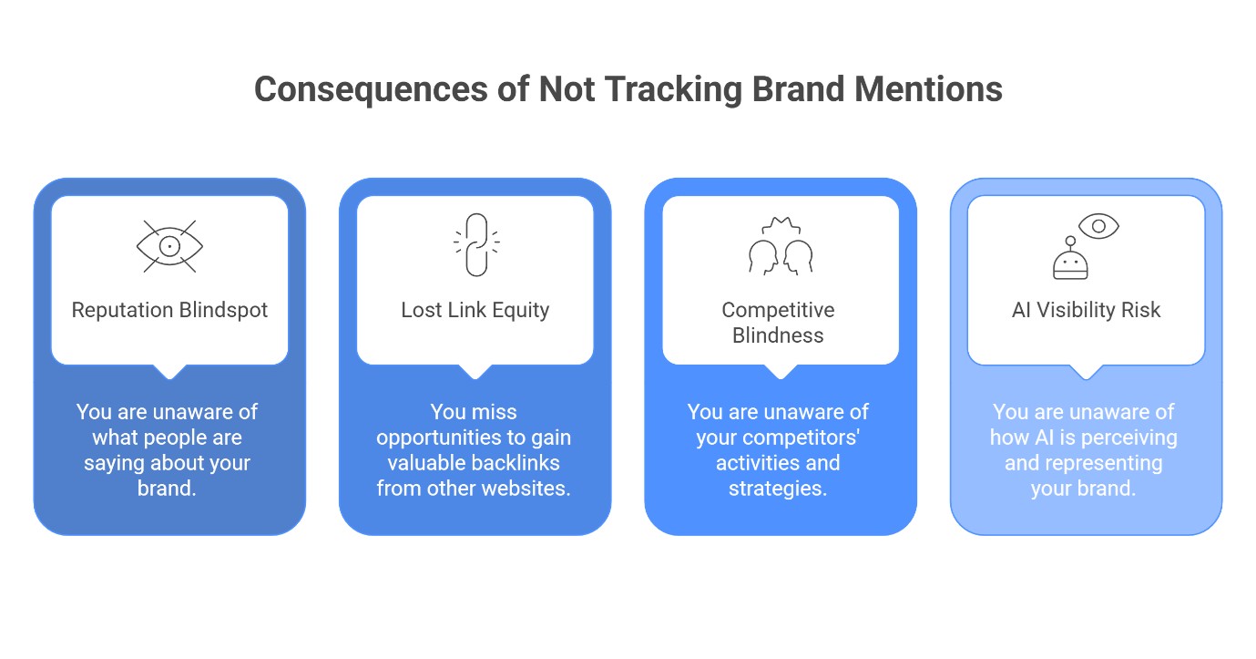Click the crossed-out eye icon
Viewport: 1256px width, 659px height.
[x=169, y=246]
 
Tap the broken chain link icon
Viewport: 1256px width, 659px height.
[x=475, y=244]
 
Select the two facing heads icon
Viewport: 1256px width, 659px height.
[x=780, y=249]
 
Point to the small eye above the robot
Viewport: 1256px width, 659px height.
[x=1098, y=225]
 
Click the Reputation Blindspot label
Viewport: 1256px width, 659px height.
[x=169, y=310]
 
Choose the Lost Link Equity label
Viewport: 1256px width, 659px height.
[x=475, y=310]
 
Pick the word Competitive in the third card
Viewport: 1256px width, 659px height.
[x=778, y=310]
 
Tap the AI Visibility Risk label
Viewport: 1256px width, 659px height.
[x=1086, y=310]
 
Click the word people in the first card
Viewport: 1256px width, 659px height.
[x=167, y=438]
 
